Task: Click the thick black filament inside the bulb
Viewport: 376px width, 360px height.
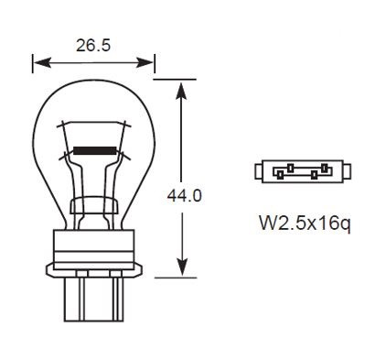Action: click(x=92, y=148)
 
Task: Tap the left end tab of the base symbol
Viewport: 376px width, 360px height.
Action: click(x=256, y=171)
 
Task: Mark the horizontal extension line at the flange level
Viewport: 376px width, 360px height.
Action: click(x=178, y=276)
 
